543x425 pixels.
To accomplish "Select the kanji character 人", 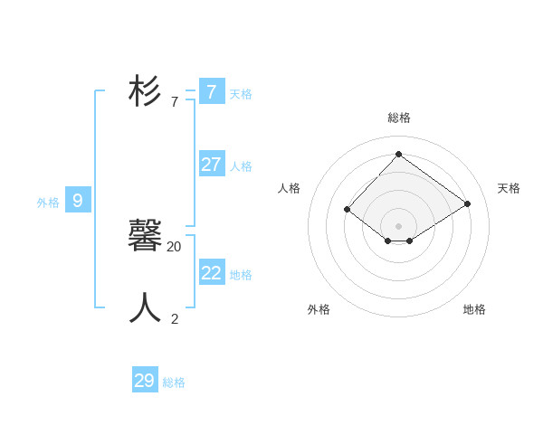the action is click(146, 308).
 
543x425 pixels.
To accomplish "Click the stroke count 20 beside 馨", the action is click(174, 247).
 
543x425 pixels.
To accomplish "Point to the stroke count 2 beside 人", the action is click(175, 318).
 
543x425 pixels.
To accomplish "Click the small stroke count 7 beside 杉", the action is click(175, 102).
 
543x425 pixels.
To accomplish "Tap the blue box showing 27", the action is click(212, 165).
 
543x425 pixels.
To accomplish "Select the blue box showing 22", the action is click(212, 273).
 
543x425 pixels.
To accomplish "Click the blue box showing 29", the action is click(145, 381).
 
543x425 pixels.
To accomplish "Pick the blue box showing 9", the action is click(78, 201).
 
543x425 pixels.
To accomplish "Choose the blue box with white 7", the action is click(212, 92).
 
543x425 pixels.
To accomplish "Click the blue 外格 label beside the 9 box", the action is click(48, 203).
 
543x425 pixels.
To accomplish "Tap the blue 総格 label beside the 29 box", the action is click(174, 382).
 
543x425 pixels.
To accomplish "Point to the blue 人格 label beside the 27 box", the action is click(241, 166).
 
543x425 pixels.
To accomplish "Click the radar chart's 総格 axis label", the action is click(399, 118).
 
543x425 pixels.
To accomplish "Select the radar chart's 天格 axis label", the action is click(509, 188).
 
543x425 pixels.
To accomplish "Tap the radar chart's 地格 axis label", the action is click(474, 309).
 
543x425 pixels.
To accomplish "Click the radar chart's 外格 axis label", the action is click(319, 309).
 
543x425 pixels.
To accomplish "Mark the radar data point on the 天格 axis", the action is click(467, 203).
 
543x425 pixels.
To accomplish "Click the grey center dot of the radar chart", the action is click(398, 225).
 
